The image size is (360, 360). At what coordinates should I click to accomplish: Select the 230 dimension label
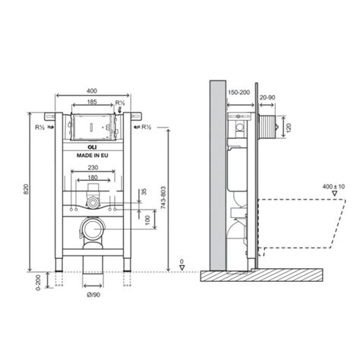tap(91, 168)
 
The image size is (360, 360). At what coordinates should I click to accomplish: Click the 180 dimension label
tap(91, 178)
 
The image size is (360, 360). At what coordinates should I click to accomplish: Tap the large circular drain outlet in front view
tap(93, 229)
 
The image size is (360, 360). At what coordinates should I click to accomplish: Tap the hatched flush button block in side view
tap(267, 127)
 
